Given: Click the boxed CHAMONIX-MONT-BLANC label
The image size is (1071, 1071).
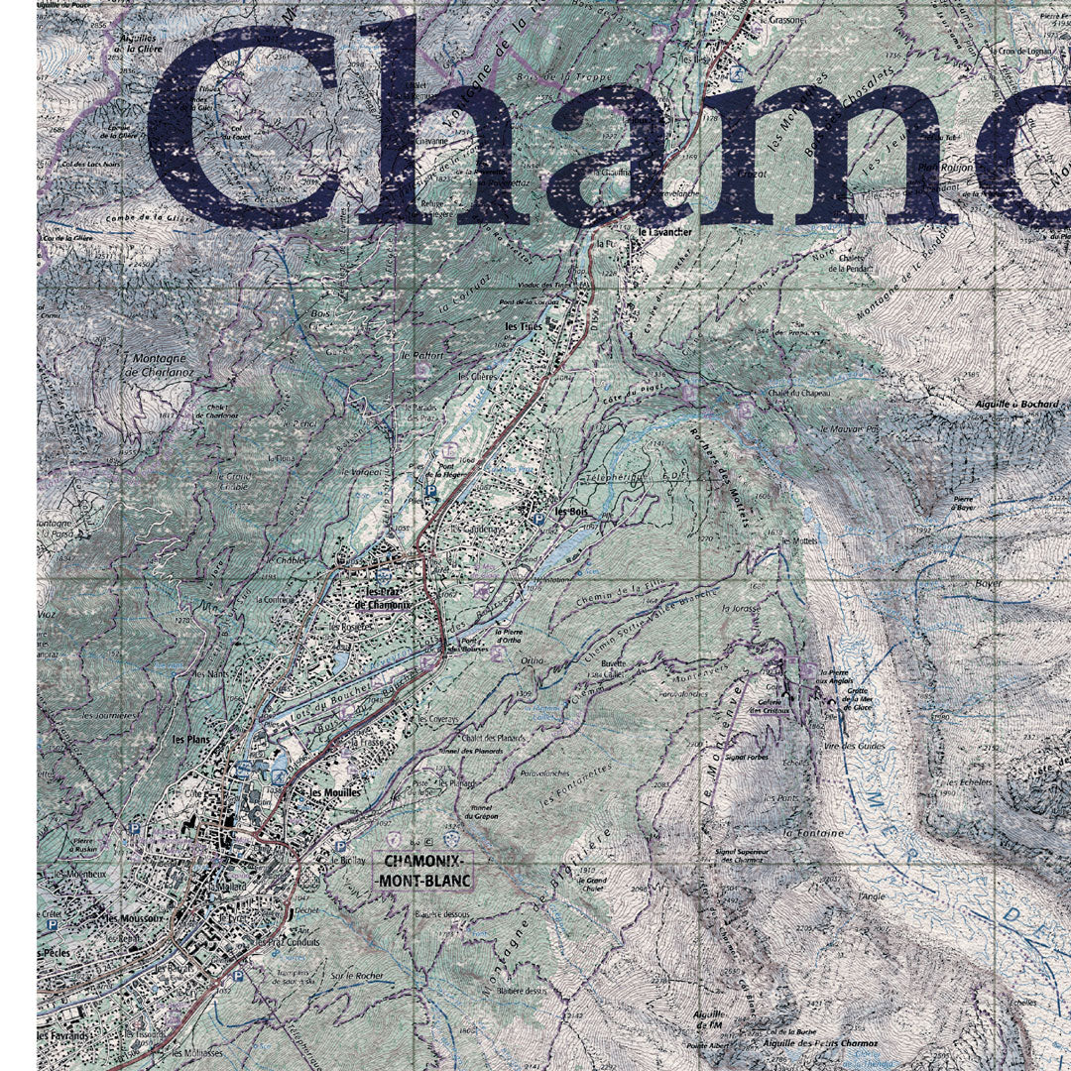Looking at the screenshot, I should [423, 871].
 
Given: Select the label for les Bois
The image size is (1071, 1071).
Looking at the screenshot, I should [572, 512].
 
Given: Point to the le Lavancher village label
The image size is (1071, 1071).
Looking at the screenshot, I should [664, 232].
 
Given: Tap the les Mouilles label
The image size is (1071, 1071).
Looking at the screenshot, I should [333, 793].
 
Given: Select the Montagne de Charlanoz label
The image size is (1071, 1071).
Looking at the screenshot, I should [159, 365].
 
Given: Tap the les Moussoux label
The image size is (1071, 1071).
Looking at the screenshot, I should [134, 919].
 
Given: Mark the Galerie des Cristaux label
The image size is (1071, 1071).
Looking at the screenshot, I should [770, 706].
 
